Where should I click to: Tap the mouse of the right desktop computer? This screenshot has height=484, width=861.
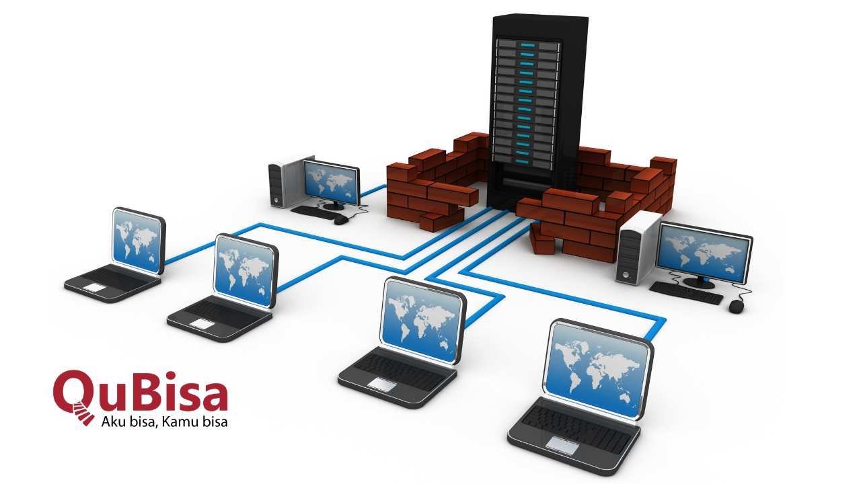click(x=737, y=306)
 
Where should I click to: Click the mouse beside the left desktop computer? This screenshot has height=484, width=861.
click(x=341, y=219)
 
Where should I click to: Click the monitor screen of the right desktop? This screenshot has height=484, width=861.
click(x=704, y=252)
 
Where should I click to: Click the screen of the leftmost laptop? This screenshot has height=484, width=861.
click(x=138, y=240)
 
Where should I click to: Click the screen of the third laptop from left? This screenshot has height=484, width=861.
click(x=422, y=321)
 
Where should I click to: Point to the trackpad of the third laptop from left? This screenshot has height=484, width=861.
click(x=381, y=383)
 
